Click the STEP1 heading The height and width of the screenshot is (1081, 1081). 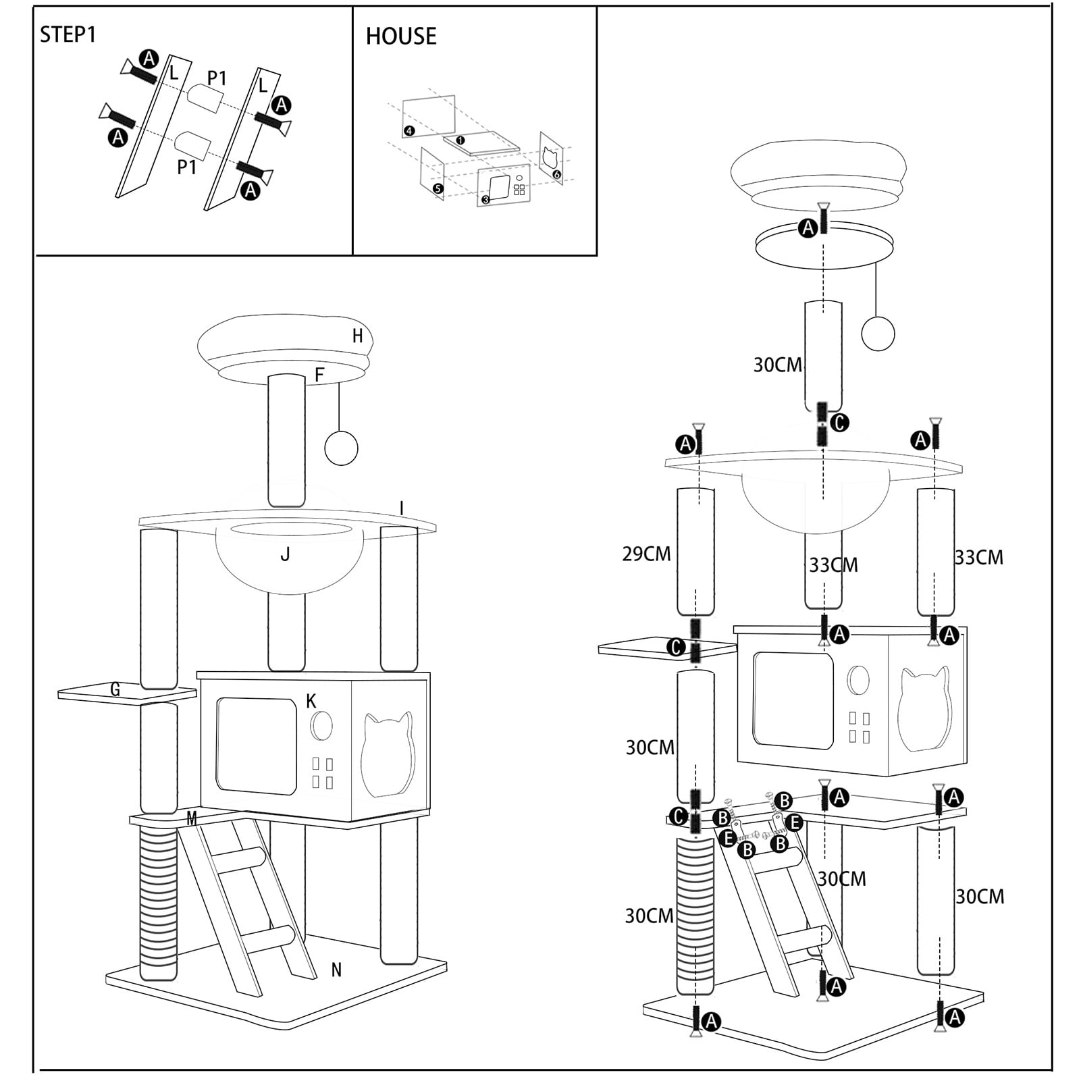pos(68,34)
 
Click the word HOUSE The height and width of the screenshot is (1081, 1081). pos(401,36)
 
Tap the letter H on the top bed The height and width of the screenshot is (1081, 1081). pos(358,336)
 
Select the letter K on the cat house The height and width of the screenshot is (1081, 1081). pos(311,702)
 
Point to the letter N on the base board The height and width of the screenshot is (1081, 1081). pos(336,970)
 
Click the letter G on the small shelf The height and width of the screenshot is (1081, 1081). pos(115,689)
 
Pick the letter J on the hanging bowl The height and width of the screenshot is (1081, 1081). pos(285,555)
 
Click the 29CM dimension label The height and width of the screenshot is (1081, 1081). pos(646,554)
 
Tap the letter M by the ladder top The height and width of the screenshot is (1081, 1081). pos(192,818)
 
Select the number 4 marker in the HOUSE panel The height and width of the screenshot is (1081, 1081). pos(409,131)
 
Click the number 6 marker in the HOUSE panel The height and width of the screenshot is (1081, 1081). pos(556,174)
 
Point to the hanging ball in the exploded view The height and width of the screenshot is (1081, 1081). pos(878,334)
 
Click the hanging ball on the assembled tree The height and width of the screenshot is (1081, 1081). pos(341,448)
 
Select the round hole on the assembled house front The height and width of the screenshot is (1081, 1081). pos(321,726)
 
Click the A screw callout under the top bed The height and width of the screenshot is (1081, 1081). pos(808,228)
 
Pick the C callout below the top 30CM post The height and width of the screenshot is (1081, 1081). pos(839,423)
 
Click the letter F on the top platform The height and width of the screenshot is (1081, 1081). pos(320,375)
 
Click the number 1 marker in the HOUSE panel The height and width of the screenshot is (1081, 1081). pos(460,140)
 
